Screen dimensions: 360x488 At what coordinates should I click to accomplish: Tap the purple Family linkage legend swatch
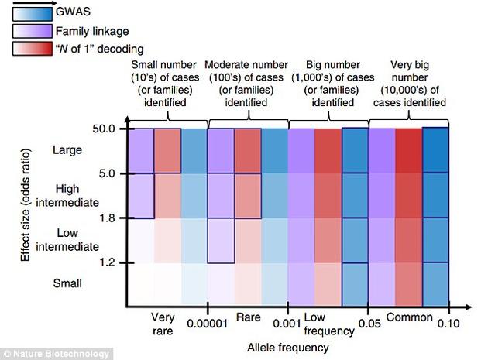pos(27,32)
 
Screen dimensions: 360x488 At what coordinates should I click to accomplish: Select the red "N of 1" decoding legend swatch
pos(27,50)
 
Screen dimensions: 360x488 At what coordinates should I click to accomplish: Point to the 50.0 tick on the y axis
pos(108,128)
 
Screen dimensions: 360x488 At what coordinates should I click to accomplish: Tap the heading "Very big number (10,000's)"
pos(410,83)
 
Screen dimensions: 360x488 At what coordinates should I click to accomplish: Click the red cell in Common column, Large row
pos(408,150)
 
